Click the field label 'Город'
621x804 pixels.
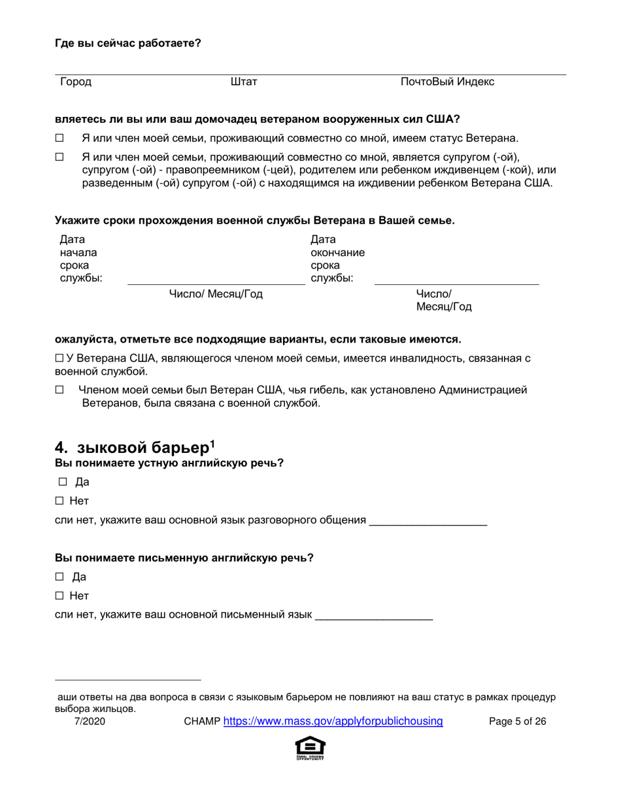[76, 82]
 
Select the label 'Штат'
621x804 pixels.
[244, 82]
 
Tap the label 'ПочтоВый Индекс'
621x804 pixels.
[447, 82]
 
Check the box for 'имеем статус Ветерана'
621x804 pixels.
[59, 139]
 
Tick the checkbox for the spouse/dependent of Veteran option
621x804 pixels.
[59, 158]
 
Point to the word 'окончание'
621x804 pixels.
[337, 253]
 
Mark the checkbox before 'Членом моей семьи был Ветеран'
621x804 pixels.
[59, 390]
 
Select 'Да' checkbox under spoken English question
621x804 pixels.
[63, 482]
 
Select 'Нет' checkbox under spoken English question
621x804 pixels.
[59, 501]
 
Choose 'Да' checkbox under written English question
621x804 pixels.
[59, 577]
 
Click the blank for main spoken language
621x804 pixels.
[428, 521]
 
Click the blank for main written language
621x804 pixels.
[373, 615]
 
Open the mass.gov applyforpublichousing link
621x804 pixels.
[333, 722]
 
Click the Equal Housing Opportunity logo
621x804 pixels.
[310, 747]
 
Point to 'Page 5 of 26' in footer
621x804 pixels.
[518, 722]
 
